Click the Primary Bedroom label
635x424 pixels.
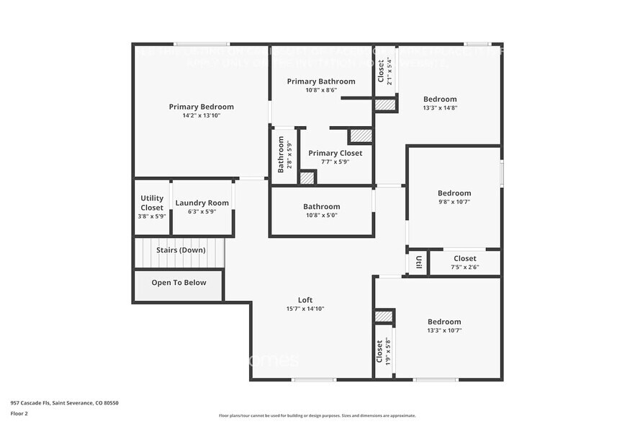coord(201,107)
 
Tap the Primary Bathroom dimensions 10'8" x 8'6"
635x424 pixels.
coord(320,90)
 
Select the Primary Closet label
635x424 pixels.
coord(335,153)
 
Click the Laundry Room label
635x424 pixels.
coord(202,203)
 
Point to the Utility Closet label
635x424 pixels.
coord(152,203)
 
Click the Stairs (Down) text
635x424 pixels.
coord(181,250)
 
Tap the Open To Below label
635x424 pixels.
coord(179,283)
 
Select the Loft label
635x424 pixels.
coord(305,300)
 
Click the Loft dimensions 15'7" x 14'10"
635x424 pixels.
coord(305,309)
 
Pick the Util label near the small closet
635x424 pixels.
coord(418,262)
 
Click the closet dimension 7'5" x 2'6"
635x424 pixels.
coord(464,267)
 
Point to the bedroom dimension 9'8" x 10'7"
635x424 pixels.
coord(454,202)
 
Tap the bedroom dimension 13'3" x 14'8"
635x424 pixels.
coord(440,107)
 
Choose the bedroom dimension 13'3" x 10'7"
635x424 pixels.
coord(444,331)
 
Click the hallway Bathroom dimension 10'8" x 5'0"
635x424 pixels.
coord(320,215)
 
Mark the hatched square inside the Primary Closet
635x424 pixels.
coord(360,136)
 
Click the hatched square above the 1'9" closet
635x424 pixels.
coord(384,317)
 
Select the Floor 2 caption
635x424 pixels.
coord(19,414)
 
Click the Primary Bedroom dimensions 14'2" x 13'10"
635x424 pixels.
coord(201,115)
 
